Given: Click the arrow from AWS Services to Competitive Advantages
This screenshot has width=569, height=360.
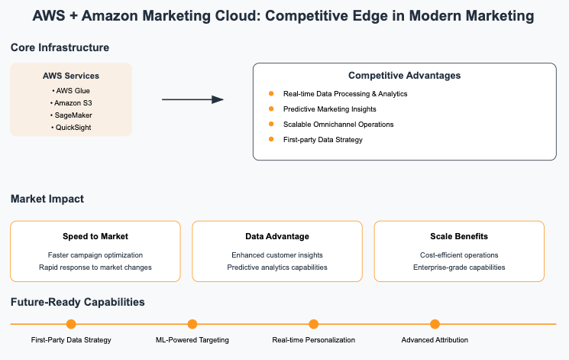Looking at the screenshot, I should (x=192, y=99).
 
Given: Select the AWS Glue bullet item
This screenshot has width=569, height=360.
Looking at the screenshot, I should (x=71, y=90).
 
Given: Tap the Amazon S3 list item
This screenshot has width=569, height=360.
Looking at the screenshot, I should (x=71, y=102).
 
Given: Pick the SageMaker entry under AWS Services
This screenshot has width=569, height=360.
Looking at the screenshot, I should (x=71, y=115).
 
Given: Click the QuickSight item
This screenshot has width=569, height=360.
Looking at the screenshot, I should (x=71, y=127).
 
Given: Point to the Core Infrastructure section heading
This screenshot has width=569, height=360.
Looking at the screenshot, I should (x=60, y=47).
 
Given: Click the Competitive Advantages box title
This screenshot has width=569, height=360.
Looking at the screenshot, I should (x=404, y=76).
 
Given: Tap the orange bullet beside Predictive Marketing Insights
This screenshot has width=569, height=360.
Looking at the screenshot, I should (x=270, y=109).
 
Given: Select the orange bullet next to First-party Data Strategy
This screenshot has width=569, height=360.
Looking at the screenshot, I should (x=270, y=139).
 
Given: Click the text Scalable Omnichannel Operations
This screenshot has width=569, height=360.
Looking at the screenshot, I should (x=338, y=124).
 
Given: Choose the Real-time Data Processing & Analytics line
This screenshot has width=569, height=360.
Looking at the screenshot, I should (x=345, y=93).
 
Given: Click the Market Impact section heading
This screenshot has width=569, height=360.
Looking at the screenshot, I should (x=47, y=199).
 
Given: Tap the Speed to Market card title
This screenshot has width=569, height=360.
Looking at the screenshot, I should (x=95, y=236).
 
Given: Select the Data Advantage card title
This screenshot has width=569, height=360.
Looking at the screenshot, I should (x=277, y=236).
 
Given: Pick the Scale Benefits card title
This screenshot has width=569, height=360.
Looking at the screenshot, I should (x=459, y=236).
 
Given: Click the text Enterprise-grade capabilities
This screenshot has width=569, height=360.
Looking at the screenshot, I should (x=459, y=267).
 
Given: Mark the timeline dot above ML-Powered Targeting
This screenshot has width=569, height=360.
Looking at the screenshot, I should (x=192, y=324).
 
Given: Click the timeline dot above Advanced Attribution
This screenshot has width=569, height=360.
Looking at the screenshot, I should (x=435, y=324).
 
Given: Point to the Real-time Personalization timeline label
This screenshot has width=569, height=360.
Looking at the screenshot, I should (x=313, y=339).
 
